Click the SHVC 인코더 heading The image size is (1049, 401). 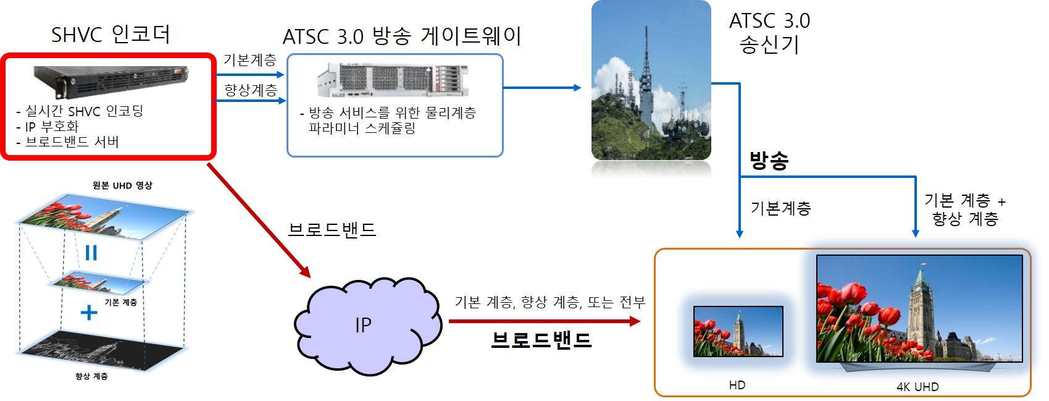point(111,34)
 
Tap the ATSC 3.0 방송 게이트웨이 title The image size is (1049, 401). point(402,36)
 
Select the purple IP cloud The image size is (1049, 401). point(368,326)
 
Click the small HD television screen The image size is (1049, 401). point(738,331)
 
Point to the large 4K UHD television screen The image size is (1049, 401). point(919,308)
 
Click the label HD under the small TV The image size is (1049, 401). point(737,385)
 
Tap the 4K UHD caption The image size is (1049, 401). point(917,387)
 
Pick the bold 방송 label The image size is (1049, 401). point(769,161)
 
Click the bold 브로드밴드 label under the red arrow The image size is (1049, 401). point(541,340)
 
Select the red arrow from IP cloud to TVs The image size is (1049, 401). point(545,321)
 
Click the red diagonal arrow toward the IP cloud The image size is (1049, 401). point(259,221)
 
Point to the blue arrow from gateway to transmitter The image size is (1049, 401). point(542,88)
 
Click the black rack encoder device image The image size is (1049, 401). point(111,81)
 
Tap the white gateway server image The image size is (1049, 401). point(393,80)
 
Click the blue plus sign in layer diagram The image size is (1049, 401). point(89,313)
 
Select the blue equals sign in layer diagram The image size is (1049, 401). point(91,253)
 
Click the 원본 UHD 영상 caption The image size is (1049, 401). point(122,185)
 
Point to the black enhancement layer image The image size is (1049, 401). point(104,350)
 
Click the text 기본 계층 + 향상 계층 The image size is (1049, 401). point(965,209)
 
